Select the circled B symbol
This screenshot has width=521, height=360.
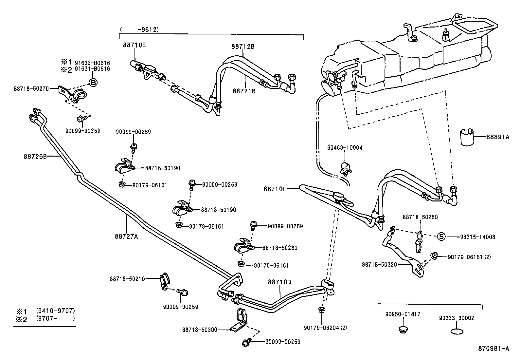tap(93, 83)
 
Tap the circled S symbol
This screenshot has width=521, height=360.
tap(441, 237)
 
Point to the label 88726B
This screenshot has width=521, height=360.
tap(35, 157)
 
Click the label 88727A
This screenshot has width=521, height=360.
tap(126, 236)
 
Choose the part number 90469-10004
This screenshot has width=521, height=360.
tap(345, 148)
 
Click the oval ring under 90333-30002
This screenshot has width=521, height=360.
tap(457, 332)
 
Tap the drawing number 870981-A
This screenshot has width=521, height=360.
tap(494, 349)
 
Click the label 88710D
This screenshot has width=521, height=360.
tap(279, 282)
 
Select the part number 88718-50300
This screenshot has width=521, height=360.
tap(200, 330)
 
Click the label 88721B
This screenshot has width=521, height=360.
tap(244, 91)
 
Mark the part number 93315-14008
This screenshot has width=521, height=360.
tap(471, 237)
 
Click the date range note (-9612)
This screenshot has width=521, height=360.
tap(140, 29)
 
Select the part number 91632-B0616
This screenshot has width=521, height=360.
tap(92, 63)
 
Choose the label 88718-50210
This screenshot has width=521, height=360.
tap(127, 279)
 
